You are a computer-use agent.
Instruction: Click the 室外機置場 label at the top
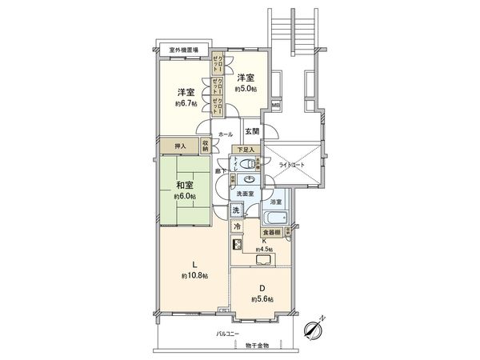click(x=183, y=50)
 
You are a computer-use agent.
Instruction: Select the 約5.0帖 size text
click(x=246, y=90)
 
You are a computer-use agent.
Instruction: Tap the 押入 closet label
click(x=181, y=146)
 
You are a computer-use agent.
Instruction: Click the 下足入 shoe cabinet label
click(x=245, y=150)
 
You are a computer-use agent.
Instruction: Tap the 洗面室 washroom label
click(x=246, y=194)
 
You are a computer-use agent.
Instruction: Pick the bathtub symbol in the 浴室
click(x=276, y=218)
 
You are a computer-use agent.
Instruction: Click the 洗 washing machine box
click(x=237, y=210)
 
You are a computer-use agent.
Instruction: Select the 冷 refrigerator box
click(x=238, y=226)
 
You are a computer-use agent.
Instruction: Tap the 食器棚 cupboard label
click(x=270, y=234)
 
